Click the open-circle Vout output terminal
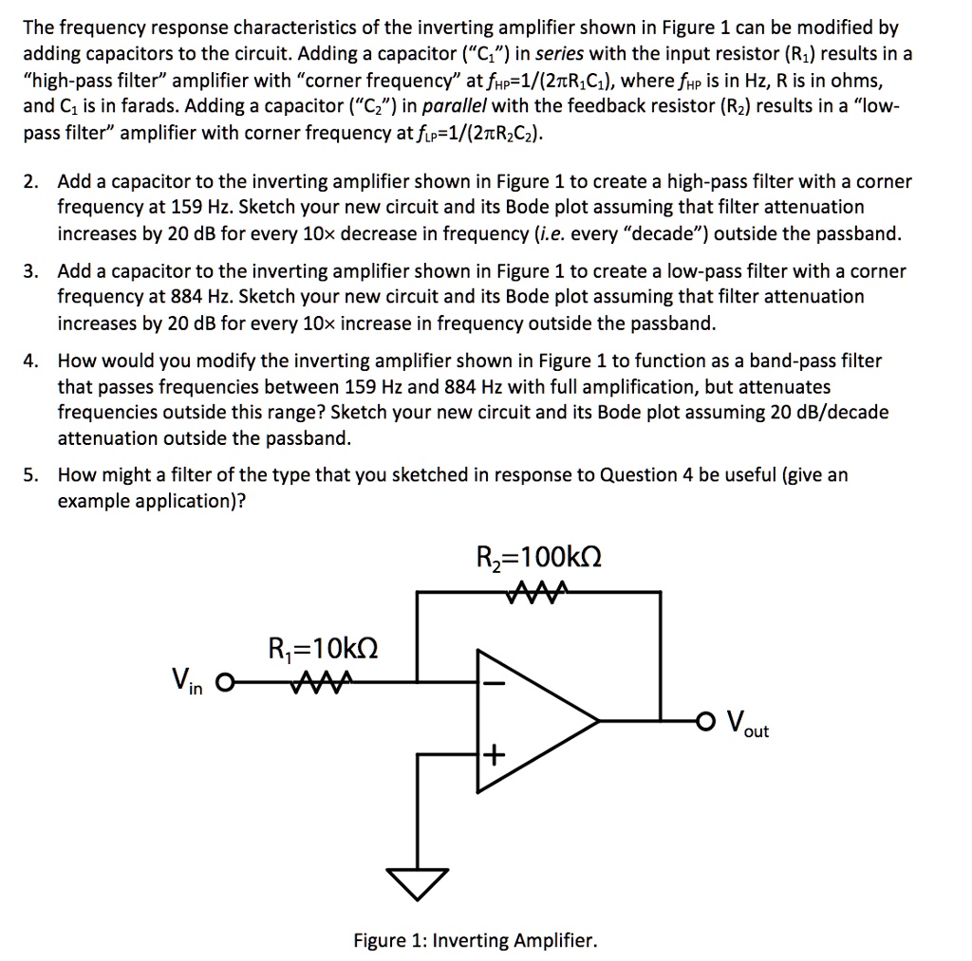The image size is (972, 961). pyautogui.click(x=704, y=717)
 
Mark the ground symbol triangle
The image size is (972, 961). pyautogui.click(x=416, y=884)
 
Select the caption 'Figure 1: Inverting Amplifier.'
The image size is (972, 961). pyautogui.click(x=476, y=941)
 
